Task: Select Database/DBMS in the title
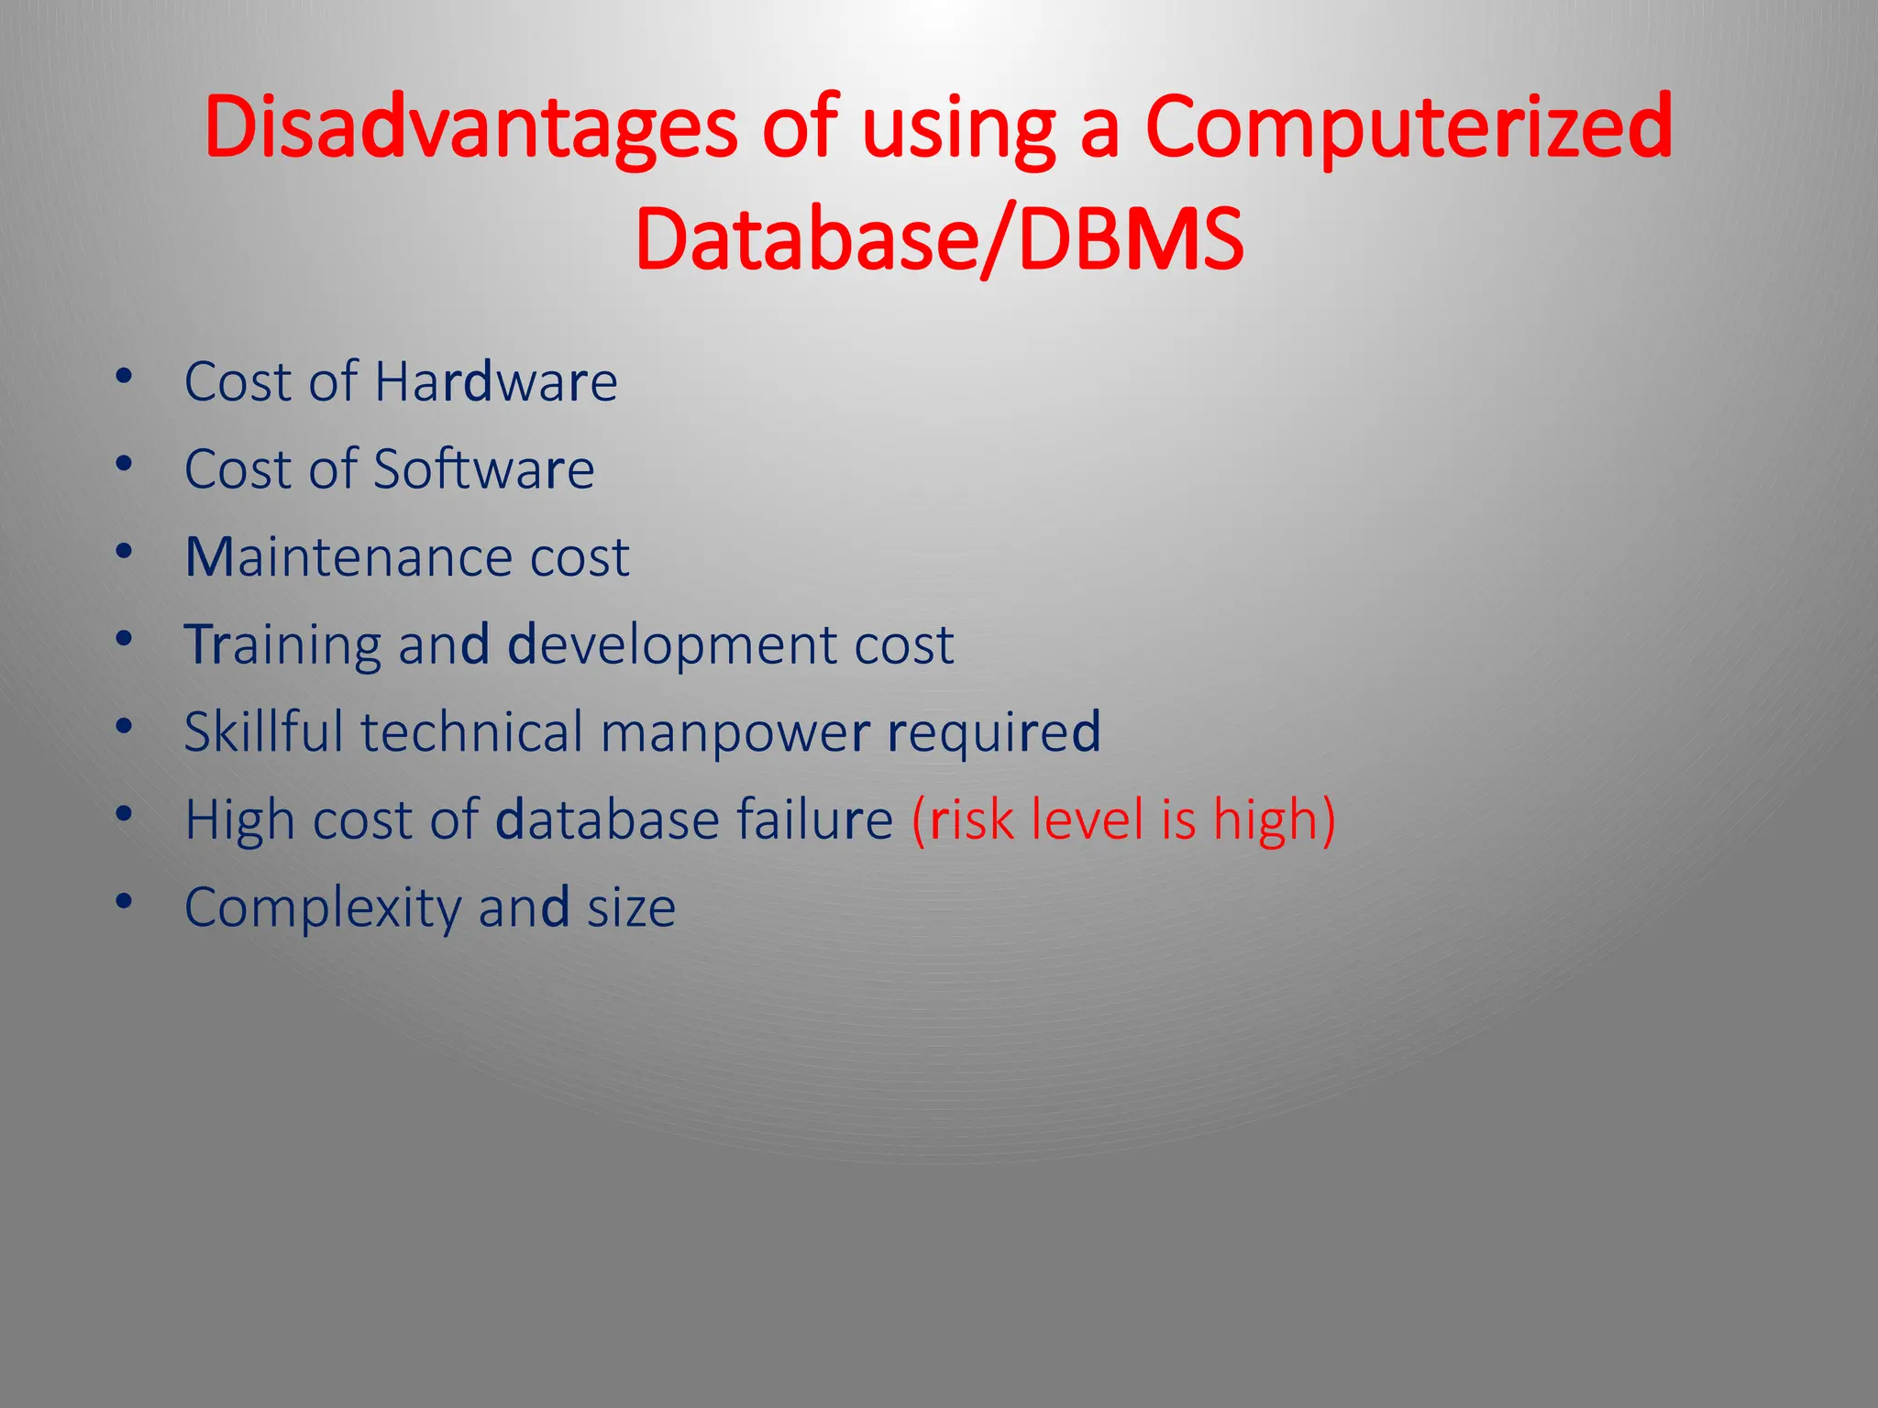pyautogui.click(x=939, y=240)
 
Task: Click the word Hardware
pyautogui.click(x=495, y=381)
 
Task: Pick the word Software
pyautogui.click(x=483, y=469)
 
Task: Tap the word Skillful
pyautogui.click(x=263, y=731)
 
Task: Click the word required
pyautogui.click(x=994, y=732)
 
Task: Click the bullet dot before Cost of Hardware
pyautogui.click(x=125, y=376)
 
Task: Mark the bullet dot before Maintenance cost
pyautogui.click(x=125, y=552)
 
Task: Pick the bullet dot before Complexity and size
pyautogui.click(x=125, y=902)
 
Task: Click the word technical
pyautogui.click(x=472, y=731)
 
